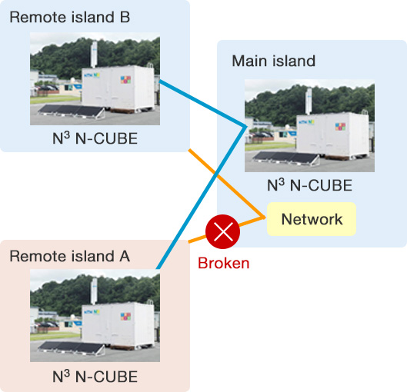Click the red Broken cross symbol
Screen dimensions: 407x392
222,231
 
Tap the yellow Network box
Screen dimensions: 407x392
312,219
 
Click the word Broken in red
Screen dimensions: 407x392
223,263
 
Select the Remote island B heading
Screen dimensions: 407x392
69,18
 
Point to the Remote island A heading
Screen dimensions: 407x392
69,257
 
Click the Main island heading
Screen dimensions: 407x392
274,61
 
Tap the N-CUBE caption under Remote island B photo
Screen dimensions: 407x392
95,138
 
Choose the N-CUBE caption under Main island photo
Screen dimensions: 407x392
309,185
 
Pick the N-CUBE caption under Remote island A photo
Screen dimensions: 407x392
95,377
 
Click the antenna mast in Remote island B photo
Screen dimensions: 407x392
94,55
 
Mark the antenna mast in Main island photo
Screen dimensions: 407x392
309,101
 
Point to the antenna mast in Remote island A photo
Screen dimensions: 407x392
94,291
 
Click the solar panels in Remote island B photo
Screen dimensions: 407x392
71,111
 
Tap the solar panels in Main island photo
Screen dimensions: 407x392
285,158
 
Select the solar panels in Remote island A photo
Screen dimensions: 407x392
71,347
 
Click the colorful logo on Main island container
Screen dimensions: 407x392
340,126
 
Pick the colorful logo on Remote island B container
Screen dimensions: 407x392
125,79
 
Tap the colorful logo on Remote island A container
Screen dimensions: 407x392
125,316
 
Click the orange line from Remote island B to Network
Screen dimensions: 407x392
227,183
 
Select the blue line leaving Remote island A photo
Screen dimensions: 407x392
202,198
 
